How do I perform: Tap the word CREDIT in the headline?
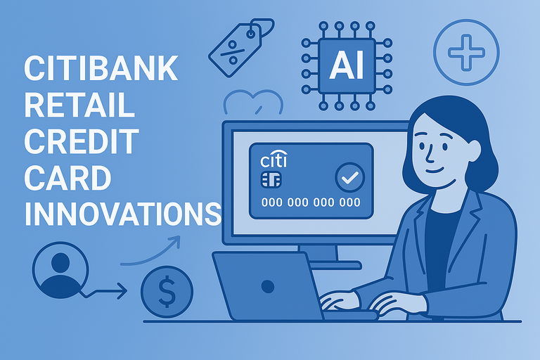pos(82,142)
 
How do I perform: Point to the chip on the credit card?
pos(269,180)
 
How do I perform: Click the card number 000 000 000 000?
pos(310,202)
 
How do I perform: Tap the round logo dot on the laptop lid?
pos(267,286)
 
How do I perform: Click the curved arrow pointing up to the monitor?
pos(151,252)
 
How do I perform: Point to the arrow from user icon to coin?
pos(105,289)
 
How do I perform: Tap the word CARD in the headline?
pos(67,177)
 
